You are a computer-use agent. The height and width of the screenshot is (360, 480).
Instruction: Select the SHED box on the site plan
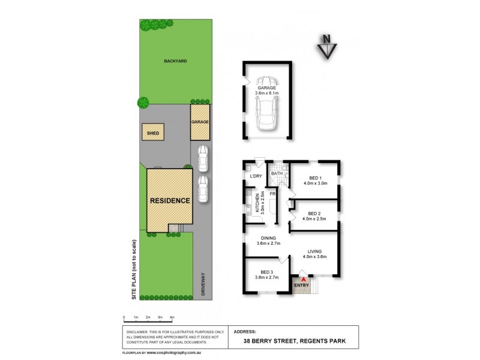coord(152,133)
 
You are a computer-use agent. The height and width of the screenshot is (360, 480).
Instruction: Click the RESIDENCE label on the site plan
coord(170,200)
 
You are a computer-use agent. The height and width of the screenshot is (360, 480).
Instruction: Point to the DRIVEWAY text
coord(203,284)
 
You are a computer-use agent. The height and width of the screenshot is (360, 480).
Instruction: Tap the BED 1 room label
coord(315,178)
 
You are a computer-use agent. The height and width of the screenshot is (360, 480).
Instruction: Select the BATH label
coord(276,173)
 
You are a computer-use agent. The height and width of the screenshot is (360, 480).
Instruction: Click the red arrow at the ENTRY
coord(304,278)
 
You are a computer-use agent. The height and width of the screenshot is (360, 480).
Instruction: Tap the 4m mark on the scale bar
coord(172,317)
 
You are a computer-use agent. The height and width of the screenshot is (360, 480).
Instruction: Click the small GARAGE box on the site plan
coord(200,122)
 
